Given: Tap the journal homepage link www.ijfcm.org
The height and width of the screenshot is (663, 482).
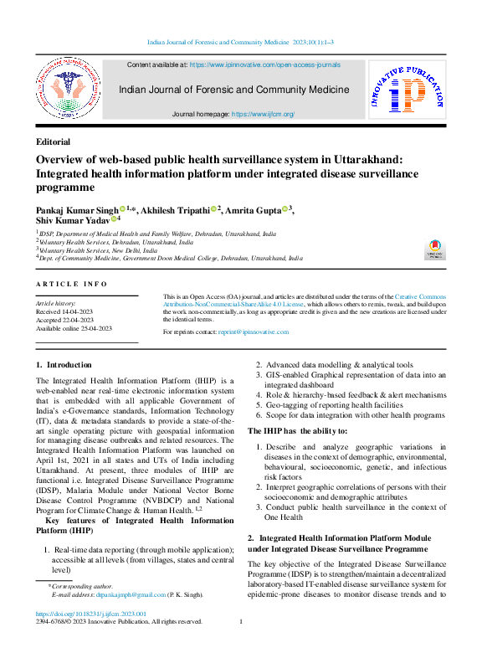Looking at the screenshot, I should (x=263, y=114).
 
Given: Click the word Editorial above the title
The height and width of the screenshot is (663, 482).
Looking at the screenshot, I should (x=54, y=142).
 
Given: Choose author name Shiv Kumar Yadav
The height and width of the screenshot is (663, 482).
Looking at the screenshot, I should (x=73, y=220).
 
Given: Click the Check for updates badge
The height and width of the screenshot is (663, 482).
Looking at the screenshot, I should (x=434, y=249).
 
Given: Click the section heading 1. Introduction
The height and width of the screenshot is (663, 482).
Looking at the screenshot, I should (x=64, y=366).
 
